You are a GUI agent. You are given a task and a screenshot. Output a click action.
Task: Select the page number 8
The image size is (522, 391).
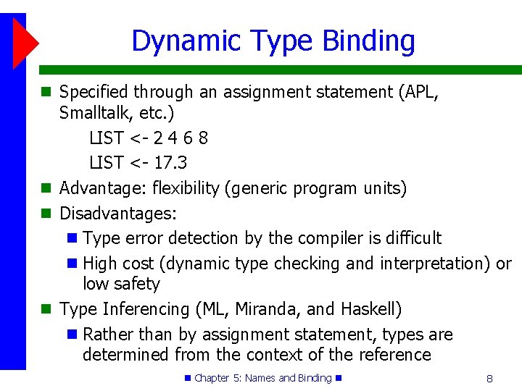point(489,378)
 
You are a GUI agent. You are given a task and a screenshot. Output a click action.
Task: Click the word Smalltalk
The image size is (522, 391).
point(93,113)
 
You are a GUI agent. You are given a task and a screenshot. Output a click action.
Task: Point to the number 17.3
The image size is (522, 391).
point(170,162)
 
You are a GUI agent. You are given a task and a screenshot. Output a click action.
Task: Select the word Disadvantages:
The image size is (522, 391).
point(118,214)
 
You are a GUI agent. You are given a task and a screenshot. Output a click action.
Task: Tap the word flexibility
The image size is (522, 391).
point(185,188)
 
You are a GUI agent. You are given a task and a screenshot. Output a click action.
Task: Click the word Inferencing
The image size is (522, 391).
point(146,309)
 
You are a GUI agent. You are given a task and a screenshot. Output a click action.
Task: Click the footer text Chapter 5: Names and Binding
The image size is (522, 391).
point(262,378)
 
